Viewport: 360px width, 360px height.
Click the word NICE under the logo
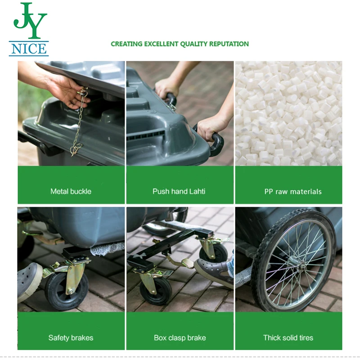[x=29, y=48]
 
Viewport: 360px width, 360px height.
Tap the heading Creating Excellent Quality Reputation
[x=180, y=44]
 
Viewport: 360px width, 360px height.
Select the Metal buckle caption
[x=71, y=191]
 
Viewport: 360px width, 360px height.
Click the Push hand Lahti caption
[x=179, y=191]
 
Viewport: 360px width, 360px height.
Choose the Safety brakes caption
[x=71, y=337]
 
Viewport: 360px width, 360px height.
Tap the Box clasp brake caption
[x=180, y=337]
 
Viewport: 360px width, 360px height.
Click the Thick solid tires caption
[x=288, y=337]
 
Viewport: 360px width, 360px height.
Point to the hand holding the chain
[x=67, y=90]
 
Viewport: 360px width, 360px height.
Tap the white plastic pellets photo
[x=288, y=112]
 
